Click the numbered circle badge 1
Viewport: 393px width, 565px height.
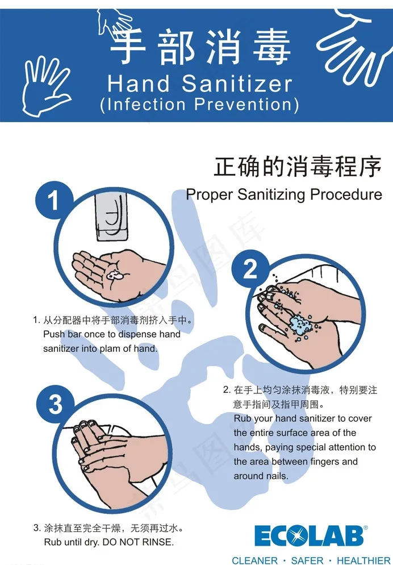(x=53, y=200)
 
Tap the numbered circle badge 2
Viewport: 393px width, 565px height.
(x=250, y=268)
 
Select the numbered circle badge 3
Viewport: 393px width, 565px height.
(x=55, y=404)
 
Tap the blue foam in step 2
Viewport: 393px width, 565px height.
(x=299, y=325)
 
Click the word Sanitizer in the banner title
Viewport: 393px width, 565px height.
(x=237, y=84)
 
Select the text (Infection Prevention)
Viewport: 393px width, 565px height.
(x=199, y=105)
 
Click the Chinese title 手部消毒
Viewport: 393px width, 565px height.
(x=200, y=47)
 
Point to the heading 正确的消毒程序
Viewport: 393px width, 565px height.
(x=298, y=167)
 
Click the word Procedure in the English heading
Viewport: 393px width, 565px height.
(x=346, y=194)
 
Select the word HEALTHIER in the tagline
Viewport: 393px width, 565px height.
(x=363, y=560)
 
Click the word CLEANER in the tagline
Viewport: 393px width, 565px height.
(x=255, y=560)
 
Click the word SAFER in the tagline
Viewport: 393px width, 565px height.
(x=307, y=560)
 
